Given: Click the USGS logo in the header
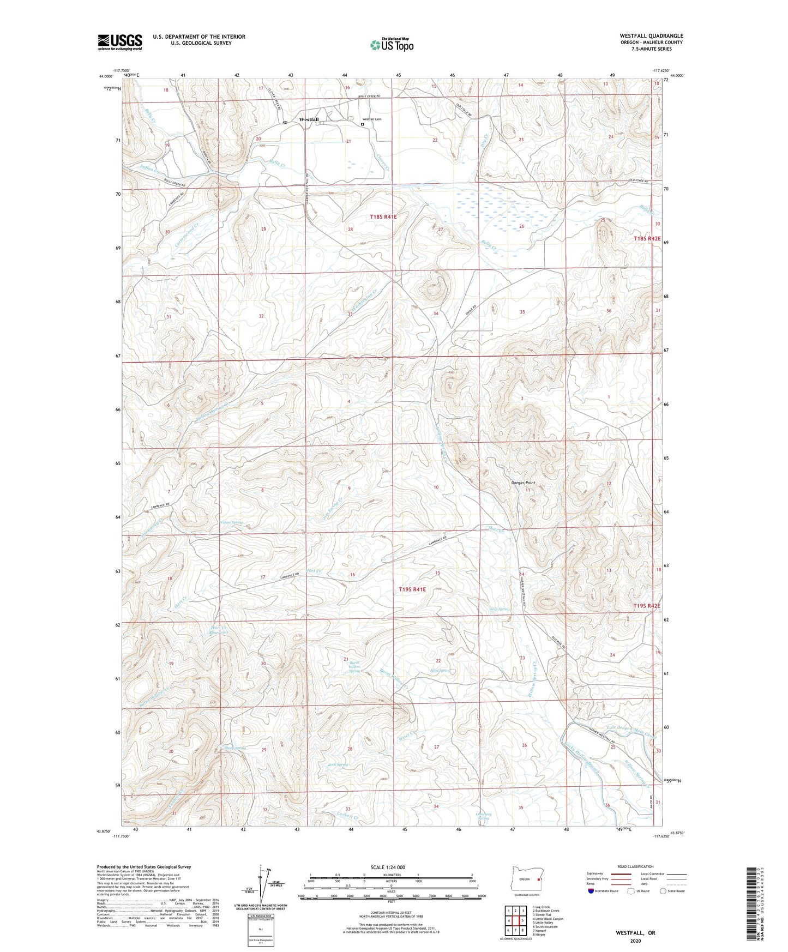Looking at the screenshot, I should point(119,42).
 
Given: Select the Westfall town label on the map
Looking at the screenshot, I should point(309,119).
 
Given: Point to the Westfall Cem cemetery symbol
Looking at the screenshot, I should point(363,124).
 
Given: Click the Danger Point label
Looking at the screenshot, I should point(522,483).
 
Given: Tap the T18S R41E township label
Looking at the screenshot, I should point(383,217).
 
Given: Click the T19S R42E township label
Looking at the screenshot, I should point(646,606).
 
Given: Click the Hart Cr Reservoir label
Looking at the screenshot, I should point(218,634).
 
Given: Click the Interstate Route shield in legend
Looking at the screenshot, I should point(592,891).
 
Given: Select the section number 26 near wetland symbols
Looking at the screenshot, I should point(521,226).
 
